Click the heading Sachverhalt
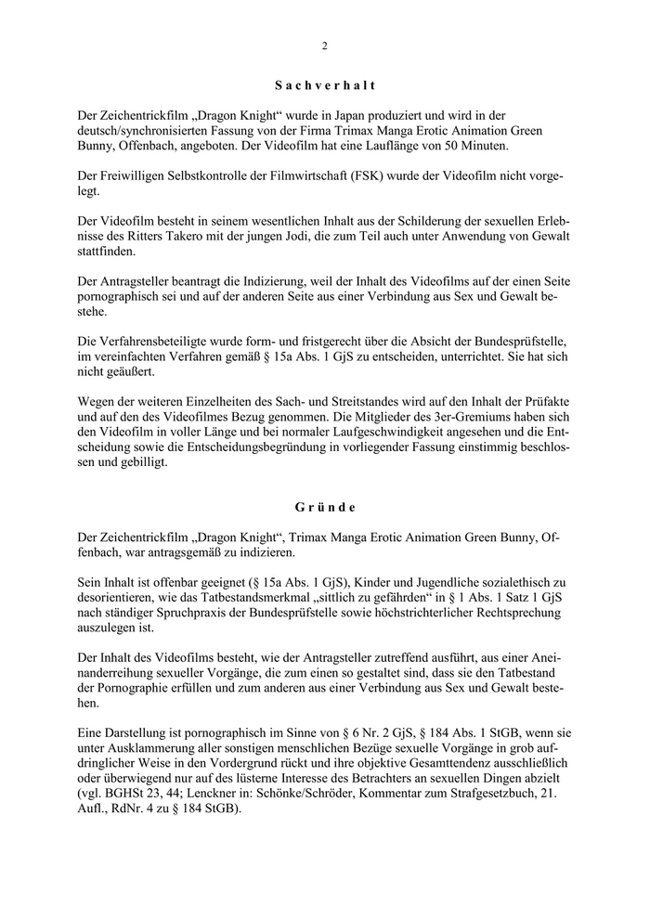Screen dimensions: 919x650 pyautogui.click(x=325, y=85)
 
